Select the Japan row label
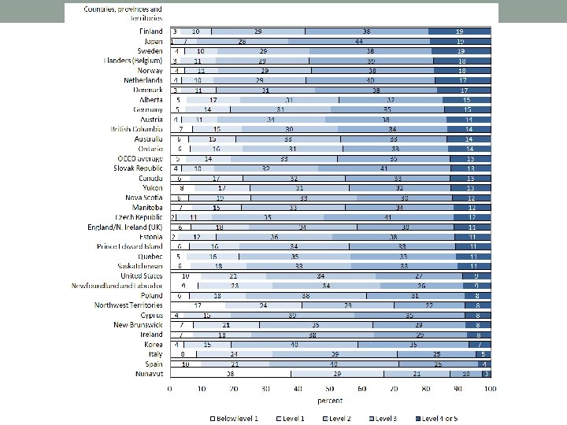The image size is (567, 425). (153, 41)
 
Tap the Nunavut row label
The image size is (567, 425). (150, 375)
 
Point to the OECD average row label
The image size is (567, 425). (142, 158)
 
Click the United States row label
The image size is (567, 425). (142, 276)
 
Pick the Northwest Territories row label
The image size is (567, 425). (128, 305)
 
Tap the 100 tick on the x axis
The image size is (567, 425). (490, 389)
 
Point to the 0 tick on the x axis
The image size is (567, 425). (170, 389)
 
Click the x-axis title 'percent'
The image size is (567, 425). (330, 400)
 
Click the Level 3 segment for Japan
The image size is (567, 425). (358, 41)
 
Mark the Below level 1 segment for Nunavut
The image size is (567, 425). (231, 375)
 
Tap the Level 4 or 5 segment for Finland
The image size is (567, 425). (460, 31)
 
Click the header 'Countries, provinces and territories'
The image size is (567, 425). (123, 13)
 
